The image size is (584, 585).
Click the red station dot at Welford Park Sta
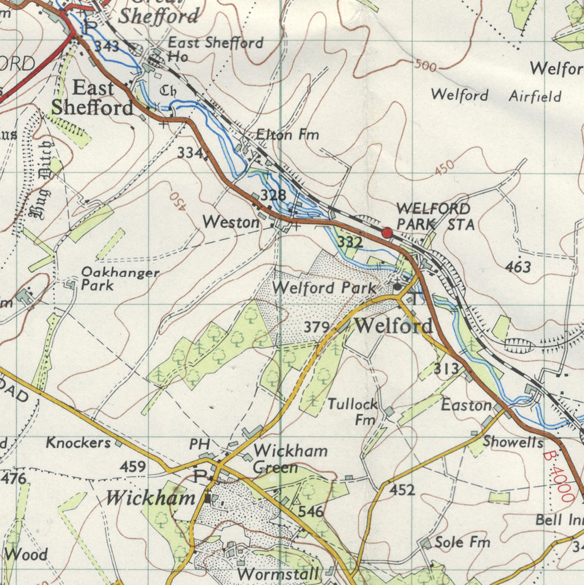(x=387, y=232)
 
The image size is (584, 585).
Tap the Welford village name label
(x=394, y=326)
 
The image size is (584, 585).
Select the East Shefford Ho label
(x=215, y=49)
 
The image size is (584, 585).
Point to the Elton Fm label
(x=287, y=135)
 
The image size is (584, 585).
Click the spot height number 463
(x=518, y=267)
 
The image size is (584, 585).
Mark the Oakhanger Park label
(x=120, y=279)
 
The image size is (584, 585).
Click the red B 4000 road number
(x=559, y=477)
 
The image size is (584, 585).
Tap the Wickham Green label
(x=290, y=459)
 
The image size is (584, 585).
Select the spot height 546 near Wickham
(x=311, y=511)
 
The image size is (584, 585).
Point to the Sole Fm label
(x=462, y=542)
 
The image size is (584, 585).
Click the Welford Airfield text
(x=496, y=95)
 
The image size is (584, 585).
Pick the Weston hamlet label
(x=231, y=222)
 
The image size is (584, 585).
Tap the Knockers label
(x=78, y=442)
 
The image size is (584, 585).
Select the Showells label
(x=513, y=441)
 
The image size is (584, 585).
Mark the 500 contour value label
(x=425, y=66)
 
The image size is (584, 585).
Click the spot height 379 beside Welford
(x=317, y=327)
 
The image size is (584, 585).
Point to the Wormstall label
(x=279, y=574)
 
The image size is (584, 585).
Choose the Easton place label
(x=466, y=405)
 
